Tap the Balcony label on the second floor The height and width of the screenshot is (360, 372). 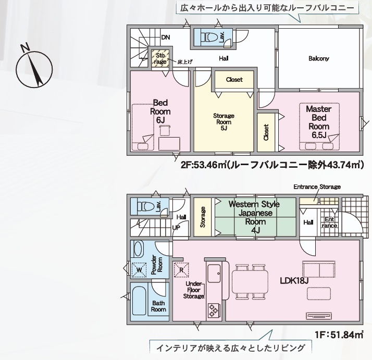(319, 58)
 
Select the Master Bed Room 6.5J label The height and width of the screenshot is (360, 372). (319, 122)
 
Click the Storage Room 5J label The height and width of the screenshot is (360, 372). (224, 122)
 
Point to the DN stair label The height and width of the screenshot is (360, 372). (166, 38)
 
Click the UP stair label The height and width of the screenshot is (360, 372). (176, 228)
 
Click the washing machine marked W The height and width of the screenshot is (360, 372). (139, 270)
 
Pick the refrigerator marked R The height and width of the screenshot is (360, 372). (181, 270)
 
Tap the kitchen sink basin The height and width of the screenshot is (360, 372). (214, 273)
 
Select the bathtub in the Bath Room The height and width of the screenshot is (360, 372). (139, 301)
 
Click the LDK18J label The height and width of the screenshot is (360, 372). (294, 281)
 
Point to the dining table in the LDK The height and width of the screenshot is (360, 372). (250, 282)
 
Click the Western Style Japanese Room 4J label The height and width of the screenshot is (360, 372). (254, 217)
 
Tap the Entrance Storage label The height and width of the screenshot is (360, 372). (317, 187)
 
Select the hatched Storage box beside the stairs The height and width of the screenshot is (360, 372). (160, 59)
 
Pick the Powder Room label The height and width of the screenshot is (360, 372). (157, 265)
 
